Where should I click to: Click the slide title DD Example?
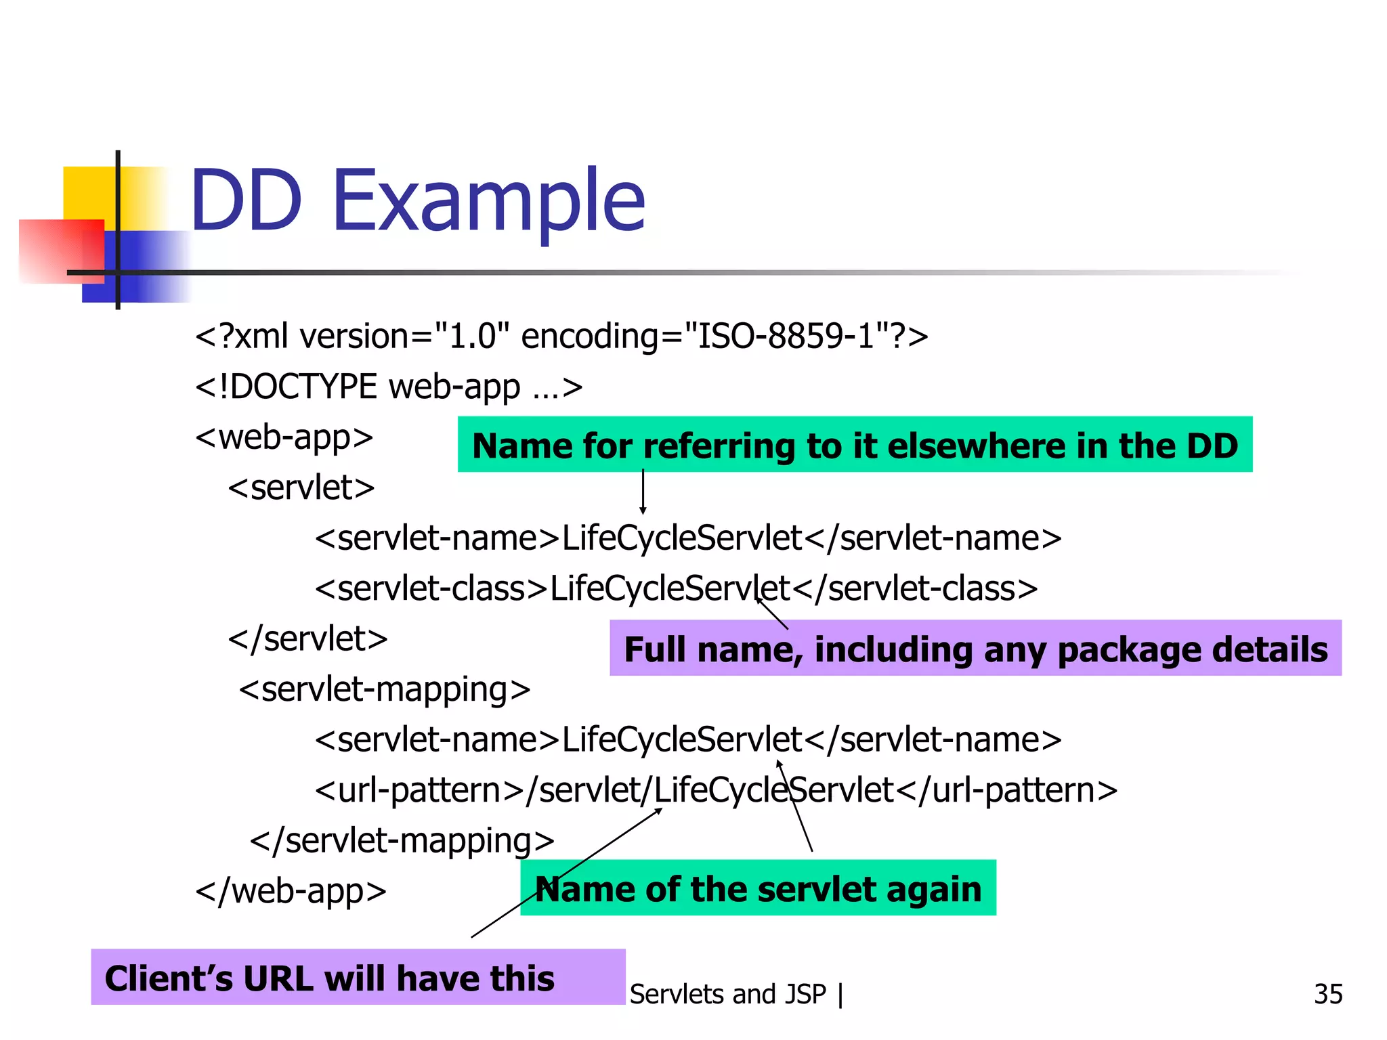coord(417,201)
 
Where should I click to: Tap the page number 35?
coord(1327,994)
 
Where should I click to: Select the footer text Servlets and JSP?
coord(728,994)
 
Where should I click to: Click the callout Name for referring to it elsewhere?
coord(855,445)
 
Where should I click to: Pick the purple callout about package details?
coord(975,648)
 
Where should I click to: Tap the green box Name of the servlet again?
coord(758,888)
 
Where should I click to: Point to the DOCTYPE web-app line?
coord(389,387)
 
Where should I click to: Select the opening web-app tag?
coord(284,437)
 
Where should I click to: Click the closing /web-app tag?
coord(291,891)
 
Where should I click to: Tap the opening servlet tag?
coord(301,487)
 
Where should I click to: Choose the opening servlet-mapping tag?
coord(385,689)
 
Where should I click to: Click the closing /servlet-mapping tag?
coord(402,841)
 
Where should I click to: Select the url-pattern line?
coord(716,790)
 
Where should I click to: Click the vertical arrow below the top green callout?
coord(643,492)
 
